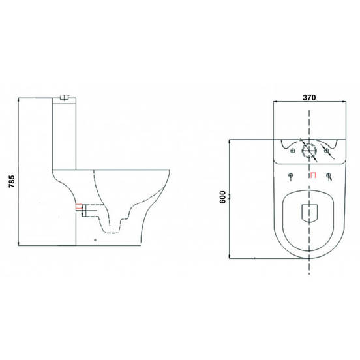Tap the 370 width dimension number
[308, 97]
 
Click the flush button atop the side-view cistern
[63, 98]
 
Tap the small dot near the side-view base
[96, 240]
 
